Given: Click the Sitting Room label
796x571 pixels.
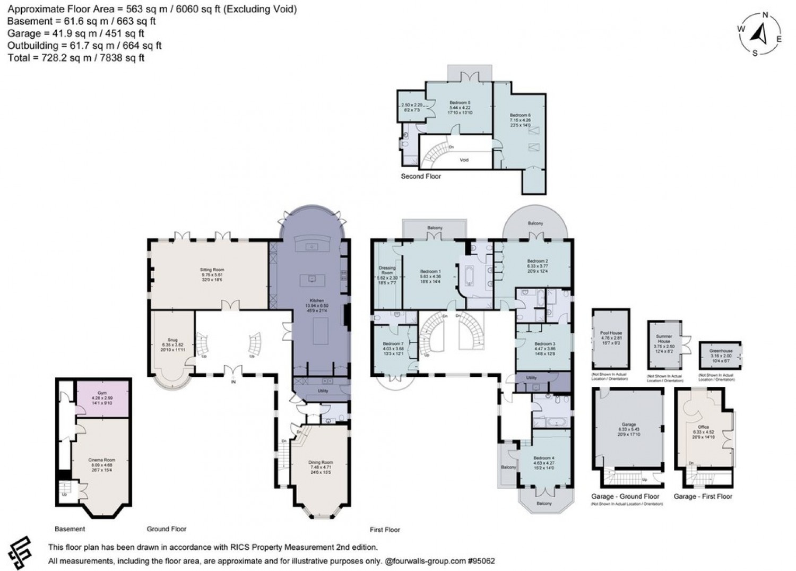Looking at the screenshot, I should (212, 270).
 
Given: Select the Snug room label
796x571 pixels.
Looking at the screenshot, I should (172, 340).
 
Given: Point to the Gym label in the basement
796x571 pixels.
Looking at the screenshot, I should (102, 392).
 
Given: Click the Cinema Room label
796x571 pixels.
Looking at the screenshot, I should (101, 460).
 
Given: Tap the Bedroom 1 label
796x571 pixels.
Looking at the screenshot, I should (430, 271).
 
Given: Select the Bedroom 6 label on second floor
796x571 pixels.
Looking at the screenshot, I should (520, 115).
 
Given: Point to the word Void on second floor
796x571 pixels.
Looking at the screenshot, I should (463, 159).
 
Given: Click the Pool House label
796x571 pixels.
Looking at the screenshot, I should (611, 333).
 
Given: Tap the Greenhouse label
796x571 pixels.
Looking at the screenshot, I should (721, 351).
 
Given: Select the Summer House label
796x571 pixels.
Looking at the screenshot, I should (664, 339).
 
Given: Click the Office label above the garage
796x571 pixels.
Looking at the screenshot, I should (704, 427).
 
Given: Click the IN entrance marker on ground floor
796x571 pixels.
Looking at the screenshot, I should (233, 381).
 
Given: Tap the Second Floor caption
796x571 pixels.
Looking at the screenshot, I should (421, 176).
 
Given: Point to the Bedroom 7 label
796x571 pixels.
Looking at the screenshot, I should (393, 343).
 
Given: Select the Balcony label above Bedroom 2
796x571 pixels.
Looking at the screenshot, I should (535, 223).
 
